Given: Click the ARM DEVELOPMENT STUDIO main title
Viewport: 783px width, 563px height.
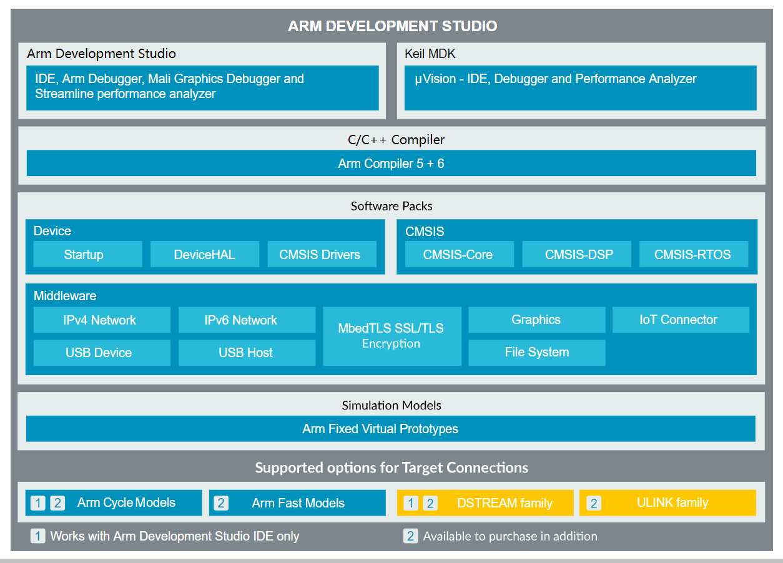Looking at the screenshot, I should (x=392, y=26).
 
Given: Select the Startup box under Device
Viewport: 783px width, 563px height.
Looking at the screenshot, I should (x=84, y=255).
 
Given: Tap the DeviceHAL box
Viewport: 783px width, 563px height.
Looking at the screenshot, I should (x=205, y=255).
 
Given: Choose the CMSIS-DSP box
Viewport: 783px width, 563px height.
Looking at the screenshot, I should (x=576, y=255).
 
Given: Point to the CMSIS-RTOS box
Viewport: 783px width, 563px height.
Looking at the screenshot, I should (x=693, y=255).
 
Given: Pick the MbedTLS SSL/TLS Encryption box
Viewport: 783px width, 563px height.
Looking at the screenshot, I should (x=391, y=336).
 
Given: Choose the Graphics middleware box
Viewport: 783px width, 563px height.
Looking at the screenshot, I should (x=536, y=320).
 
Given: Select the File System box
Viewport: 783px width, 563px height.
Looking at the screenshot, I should (x=536, y=352).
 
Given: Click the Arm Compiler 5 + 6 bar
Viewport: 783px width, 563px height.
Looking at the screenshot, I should (x=391, y=164).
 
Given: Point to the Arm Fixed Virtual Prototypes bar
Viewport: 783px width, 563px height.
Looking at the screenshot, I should (x=390, y=429).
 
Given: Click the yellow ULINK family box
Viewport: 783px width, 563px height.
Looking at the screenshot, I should (x=667, y=502).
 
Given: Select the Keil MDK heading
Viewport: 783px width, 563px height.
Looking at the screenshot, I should (x=430, y=54).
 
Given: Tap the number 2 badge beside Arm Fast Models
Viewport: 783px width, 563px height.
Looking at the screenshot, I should (x=220, y=503).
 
